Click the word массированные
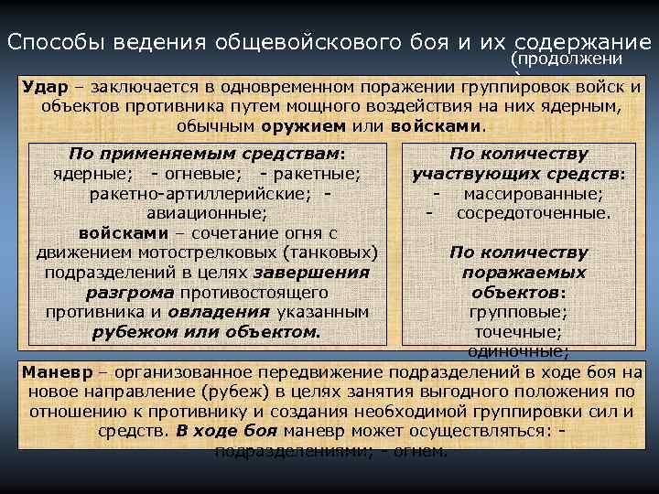[x=532, y=194]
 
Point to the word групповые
[x=518, y=312]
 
